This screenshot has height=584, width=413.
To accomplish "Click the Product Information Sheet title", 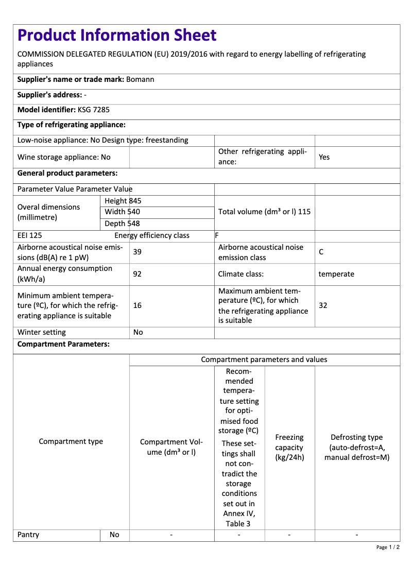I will pyautogui.click(x=117, y=36).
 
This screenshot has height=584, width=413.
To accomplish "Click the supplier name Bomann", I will pyautogui.click(x=140, y=79).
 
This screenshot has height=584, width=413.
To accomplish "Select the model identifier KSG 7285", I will pyautogui.click(x=93, y=110).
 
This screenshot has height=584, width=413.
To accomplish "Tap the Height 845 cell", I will pyautogui.click(x=123, y=201).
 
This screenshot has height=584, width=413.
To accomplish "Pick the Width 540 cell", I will pyautogui.click(x=122, y=212).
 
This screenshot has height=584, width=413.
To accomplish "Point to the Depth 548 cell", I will pyautogui.click(x=122, y=224).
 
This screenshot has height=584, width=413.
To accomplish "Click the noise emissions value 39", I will pyautogui.click(x=137, y=252).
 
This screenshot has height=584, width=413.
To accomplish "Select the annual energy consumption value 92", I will pyautogui.click(x=137, y=274).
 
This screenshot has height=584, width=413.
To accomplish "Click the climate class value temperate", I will pyautogui.click(x=336, y=274).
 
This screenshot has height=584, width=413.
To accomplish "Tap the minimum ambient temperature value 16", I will pyautogui.click(x=137, y=305).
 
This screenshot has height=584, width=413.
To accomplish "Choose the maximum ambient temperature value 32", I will pyautogui.click(x=323, y=305).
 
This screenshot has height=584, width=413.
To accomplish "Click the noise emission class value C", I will pyautogui.click(x=321, y=252).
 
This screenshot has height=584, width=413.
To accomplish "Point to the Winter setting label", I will pyautogui.click(x=42, y=332).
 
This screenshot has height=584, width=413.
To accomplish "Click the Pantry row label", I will pyautogui.click(x=28, y=535).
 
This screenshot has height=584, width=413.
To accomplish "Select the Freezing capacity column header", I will pyautogui.click(x=289, y=447).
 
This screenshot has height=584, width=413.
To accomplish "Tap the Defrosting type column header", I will pyautogui.click(x=357, y=447).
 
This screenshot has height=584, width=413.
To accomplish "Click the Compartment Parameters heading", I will pyautogui.click(x=63, y=344).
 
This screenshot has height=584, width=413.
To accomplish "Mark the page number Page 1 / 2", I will pyautogui.click(x=388, y=547).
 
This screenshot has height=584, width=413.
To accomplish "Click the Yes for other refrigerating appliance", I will pyautogui.click(x=324, y=157).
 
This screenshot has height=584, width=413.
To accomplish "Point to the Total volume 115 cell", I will pyautogui.click(x=264, y=212).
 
